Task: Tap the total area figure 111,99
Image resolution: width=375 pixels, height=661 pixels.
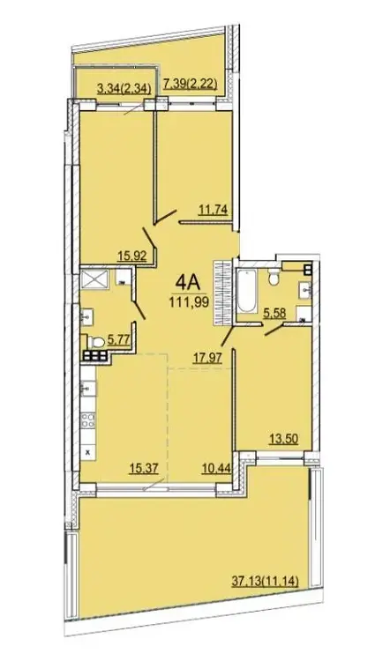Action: click(x=190, y=301)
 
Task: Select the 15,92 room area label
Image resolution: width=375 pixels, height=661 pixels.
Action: click(x=132, y=256)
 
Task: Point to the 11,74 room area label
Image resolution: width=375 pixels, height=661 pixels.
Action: click(x=213, y=209)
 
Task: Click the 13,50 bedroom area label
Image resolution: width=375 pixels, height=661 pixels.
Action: click(x=283, y=439)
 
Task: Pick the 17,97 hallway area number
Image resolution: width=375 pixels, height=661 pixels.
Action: click(x=206, y=358)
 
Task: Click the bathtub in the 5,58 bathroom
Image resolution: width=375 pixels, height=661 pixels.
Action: click(x=247, y=292)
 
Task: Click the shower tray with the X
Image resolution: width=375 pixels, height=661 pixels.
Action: click(x=95, y=279)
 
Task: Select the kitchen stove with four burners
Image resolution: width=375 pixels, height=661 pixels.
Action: click(x=87, y=420)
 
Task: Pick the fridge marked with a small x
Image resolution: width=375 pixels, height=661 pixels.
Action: click(x=87, y=452)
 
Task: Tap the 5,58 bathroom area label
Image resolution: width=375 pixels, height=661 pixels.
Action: click(x=274, y=313)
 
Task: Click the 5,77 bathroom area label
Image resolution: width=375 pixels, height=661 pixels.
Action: click(x=118, y=340)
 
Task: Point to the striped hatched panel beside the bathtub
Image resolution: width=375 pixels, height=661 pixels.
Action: click(x=222, y=293)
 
